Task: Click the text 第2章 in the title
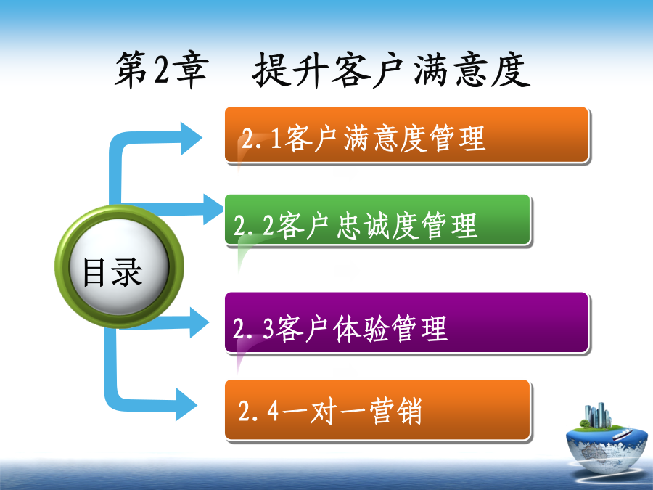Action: tap(162, 70)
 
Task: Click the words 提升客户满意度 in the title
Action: tap(392, 70)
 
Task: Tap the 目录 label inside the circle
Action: tap(112, 272)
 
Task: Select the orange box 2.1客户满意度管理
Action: tap(406, 135)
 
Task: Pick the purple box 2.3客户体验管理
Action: tap(406, 323)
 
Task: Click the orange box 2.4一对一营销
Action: tap(377, 410)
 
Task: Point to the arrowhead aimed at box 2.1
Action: tap(191, 139)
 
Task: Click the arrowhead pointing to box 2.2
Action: tap(213, 209)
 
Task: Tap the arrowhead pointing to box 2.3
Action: tap(199, 322)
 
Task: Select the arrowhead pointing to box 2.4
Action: tap(186, 404)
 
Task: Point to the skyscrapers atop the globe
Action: tap(598, 415)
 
